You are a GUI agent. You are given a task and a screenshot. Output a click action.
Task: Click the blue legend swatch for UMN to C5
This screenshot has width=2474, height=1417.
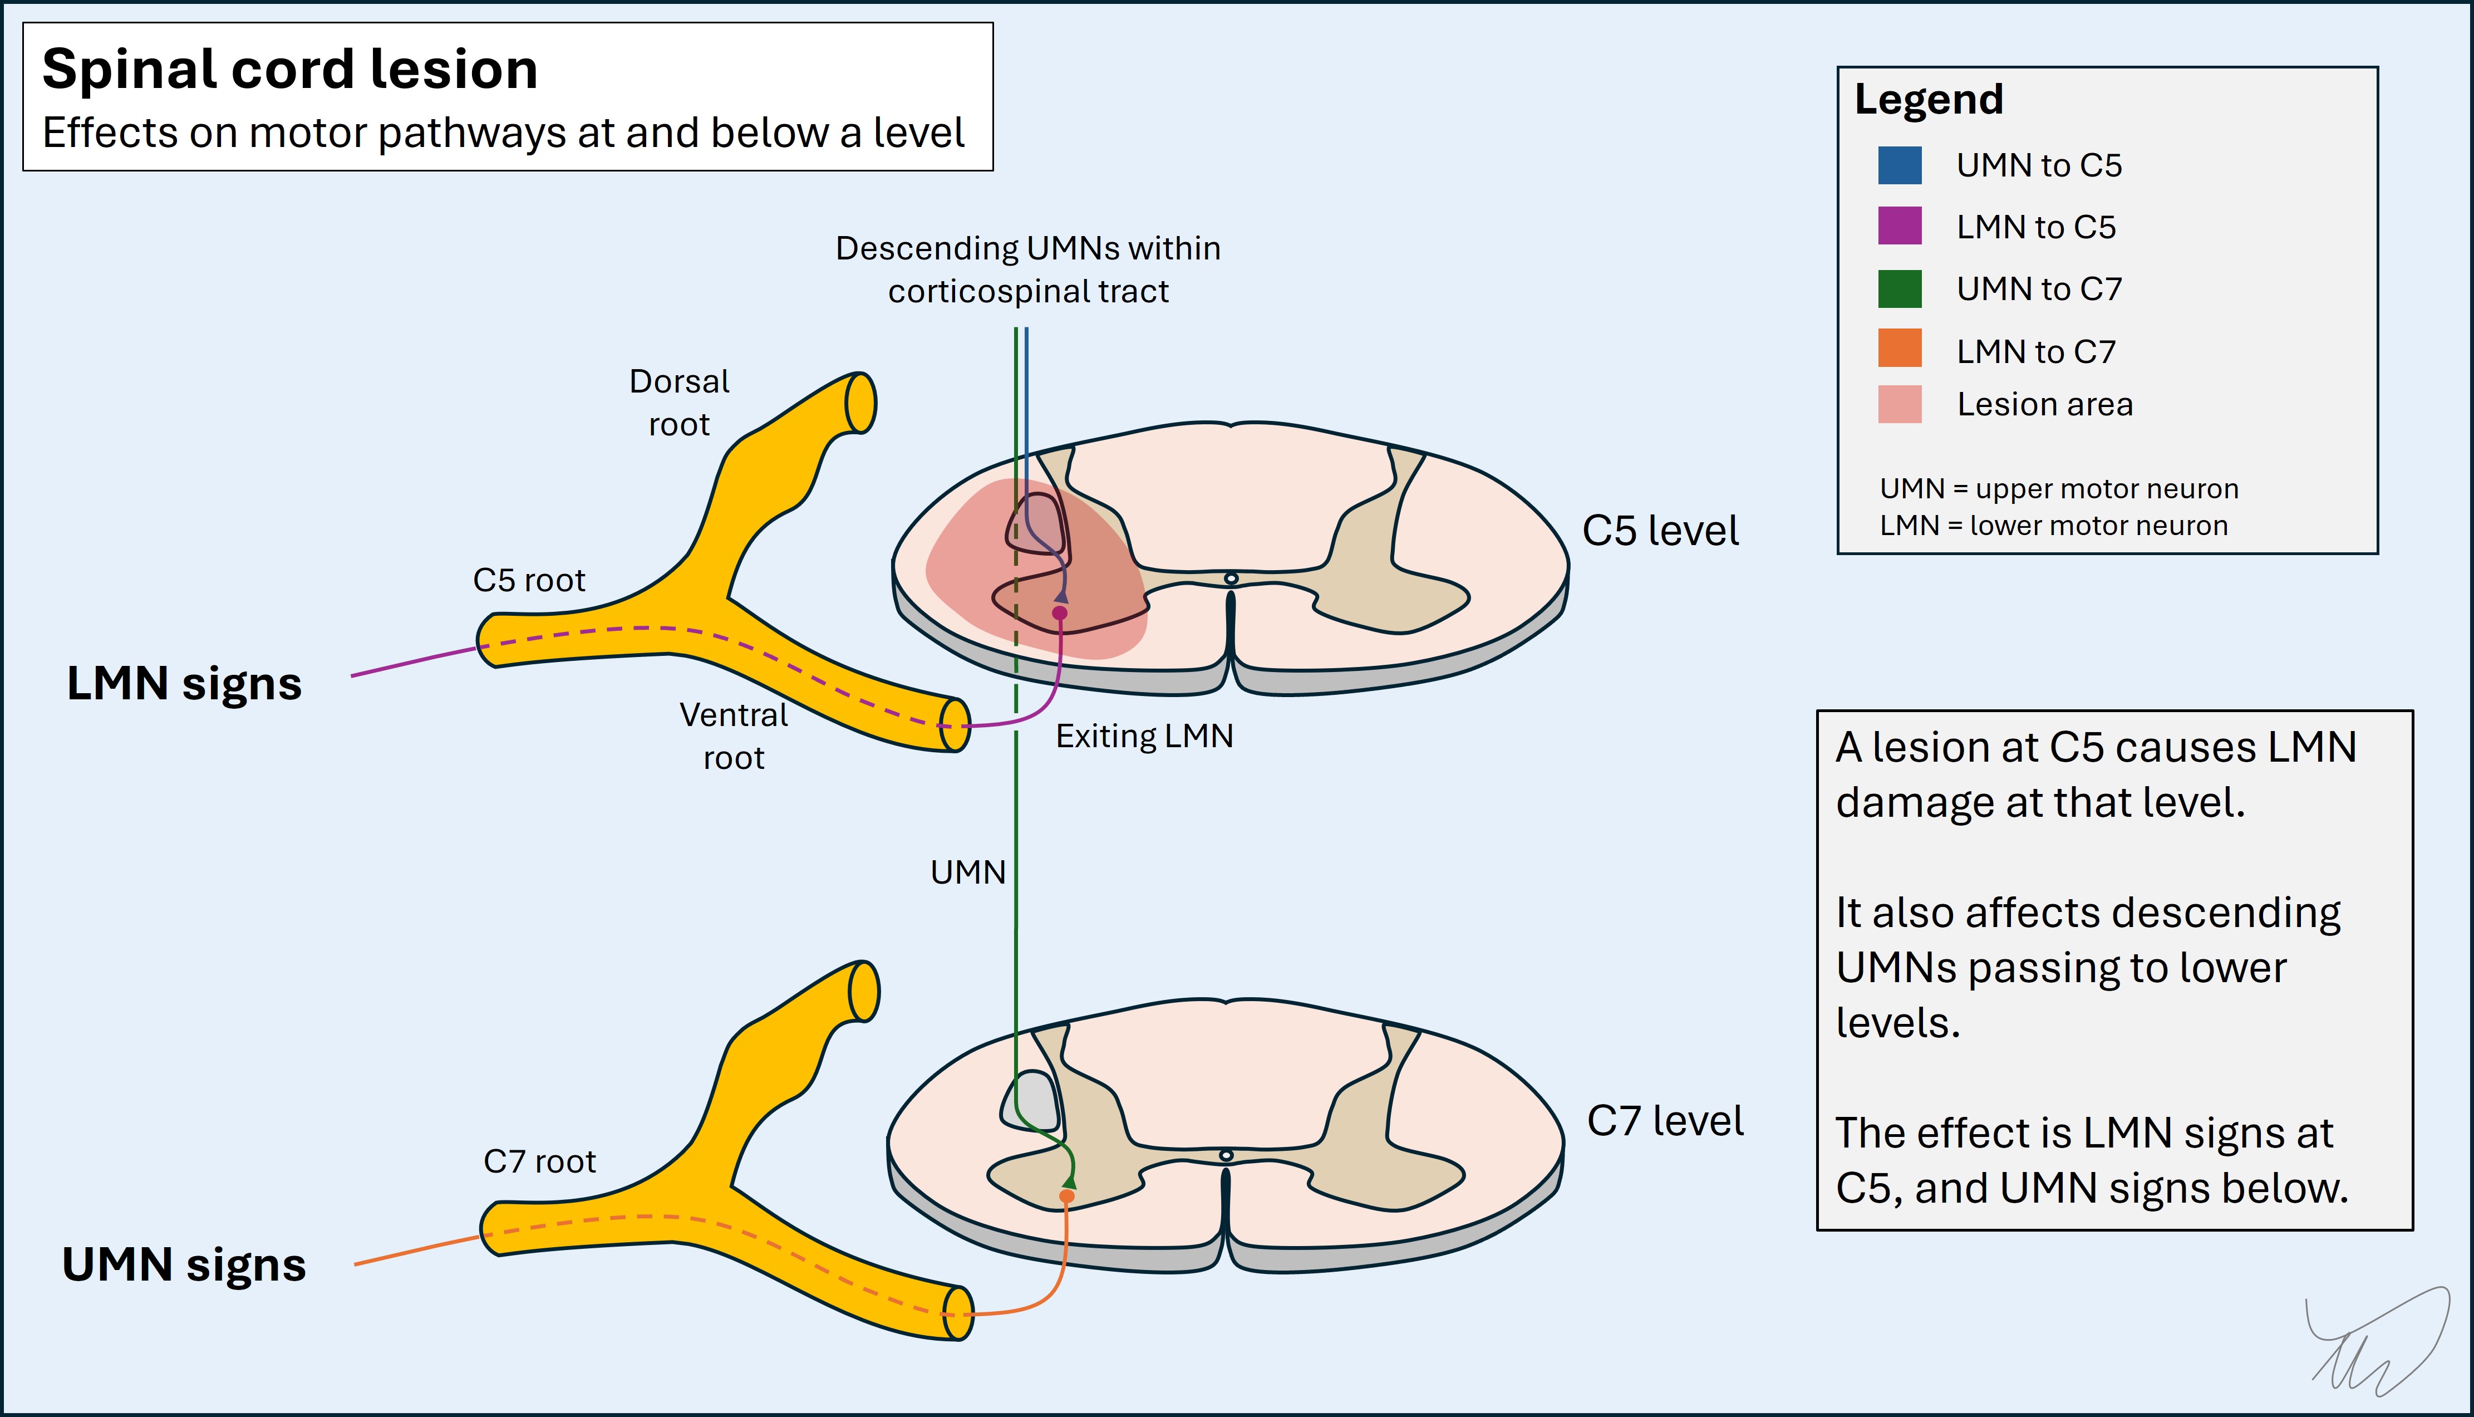tap(1899, 165)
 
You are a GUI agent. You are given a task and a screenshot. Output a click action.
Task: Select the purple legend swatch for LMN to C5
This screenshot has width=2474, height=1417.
tap(1899, 226)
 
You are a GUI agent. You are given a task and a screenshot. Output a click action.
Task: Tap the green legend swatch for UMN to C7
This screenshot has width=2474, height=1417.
tap(1899, 288)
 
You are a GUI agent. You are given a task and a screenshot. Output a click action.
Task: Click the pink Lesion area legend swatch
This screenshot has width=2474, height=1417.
tap(1899, 404)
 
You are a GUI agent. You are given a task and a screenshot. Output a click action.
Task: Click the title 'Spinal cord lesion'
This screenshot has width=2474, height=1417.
tap(290, 70)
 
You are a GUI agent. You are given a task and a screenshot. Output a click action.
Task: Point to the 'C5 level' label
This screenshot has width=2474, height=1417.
tap(1660, 531)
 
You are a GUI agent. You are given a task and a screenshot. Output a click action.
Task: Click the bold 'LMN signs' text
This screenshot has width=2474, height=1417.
tap(184, 683)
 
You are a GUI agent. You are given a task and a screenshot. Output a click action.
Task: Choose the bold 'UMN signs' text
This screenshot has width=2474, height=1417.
tap(184, 1265)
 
